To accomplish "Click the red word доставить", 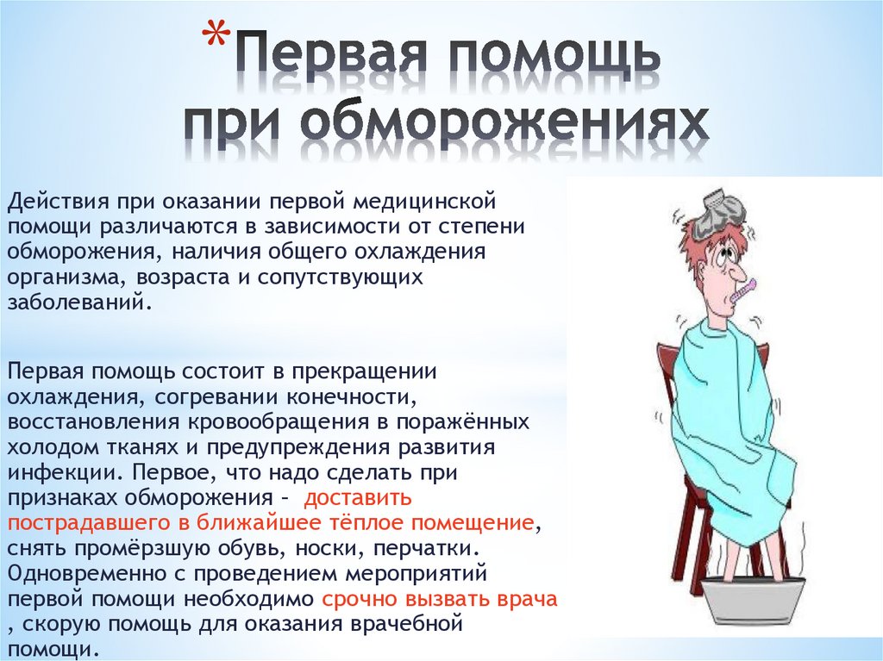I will tap(358, 498).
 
